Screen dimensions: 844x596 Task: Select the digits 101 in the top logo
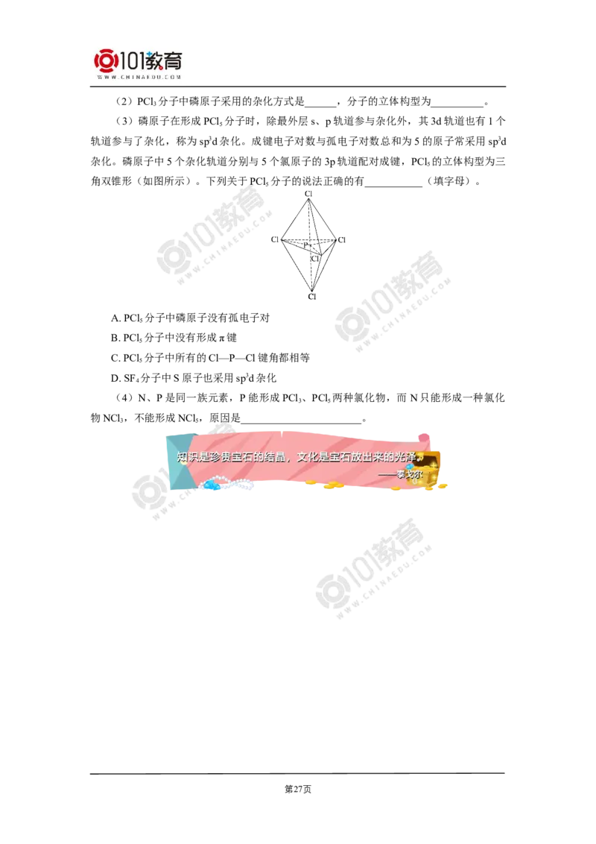click(132, 60)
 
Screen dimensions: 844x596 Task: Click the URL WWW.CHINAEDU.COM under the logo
click(139, 77)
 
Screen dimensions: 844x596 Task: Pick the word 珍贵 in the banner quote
click(222, 457)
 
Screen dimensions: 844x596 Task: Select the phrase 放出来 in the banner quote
click(371, 457)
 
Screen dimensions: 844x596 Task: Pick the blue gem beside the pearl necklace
click(213, 486)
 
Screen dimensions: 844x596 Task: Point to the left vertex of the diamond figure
click(275, 239)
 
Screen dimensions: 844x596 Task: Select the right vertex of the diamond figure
click(343, 239)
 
